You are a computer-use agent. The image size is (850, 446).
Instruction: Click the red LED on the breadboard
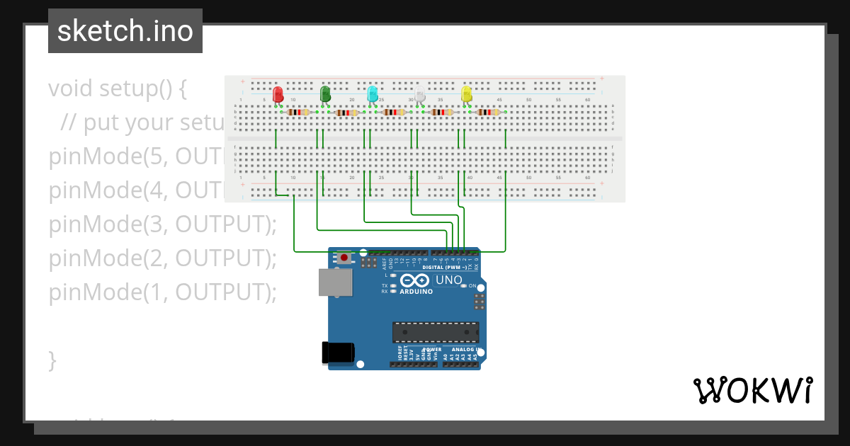point(278,93)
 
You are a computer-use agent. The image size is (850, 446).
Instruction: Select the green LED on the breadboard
point(325,93)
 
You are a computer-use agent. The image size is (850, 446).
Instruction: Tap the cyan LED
point(372,93)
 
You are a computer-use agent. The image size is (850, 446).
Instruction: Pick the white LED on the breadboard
point(419,93)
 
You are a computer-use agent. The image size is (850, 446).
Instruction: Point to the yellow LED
point(466,93)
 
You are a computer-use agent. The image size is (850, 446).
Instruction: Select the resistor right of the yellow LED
point(488,112)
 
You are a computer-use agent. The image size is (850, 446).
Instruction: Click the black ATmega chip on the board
point(436,332)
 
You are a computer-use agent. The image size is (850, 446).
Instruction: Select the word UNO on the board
point(448,280)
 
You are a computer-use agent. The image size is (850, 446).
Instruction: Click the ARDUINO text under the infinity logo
point(416,292)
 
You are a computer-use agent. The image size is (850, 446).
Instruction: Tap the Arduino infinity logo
point(415,280)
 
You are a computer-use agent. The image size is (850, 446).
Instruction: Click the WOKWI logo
point(752,390)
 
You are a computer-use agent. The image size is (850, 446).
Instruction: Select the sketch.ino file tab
point(125,31)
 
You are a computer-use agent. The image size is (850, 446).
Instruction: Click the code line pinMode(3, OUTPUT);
point(162,224)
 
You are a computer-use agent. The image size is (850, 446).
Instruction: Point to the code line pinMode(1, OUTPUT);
point(162,292)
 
